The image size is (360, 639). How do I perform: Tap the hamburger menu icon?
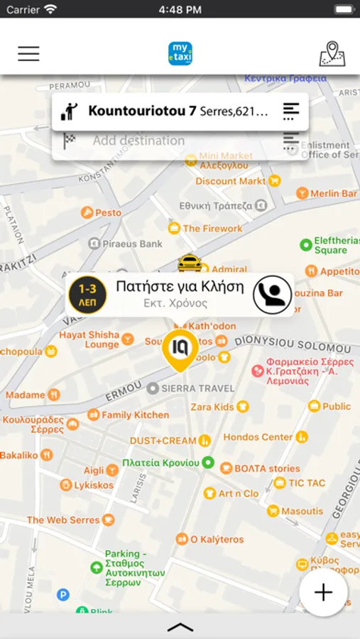(x=28, y=53)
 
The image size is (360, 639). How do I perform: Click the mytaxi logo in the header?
(x=180, y=54)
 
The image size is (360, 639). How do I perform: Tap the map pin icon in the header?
(x=332, y=54)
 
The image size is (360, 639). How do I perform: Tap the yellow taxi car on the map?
(x=190, y=263)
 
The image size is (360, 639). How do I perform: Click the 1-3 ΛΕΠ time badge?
(x=87, y=295)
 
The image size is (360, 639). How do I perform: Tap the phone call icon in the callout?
(x=273, y=295)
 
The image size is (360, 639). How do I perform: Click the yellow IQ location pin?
(x=180, y=349)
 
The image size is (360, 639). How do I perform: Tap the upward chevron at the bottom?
(x=180, y=627)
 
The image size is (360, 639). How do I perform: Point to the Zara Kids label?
(x=213, y=407)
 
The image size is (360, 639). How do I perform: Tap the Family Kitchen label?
(x=135, y=415)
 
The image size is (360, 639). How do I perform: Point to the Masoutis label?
(x=302, y=510)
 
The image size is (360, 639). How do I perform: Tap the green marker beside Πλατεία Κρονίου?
(x=208, y=462)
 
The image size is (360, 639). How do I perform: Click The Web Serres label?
(x=63, y=520)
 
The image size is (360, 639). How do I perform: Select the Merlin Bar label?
(x=334, y=193)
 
